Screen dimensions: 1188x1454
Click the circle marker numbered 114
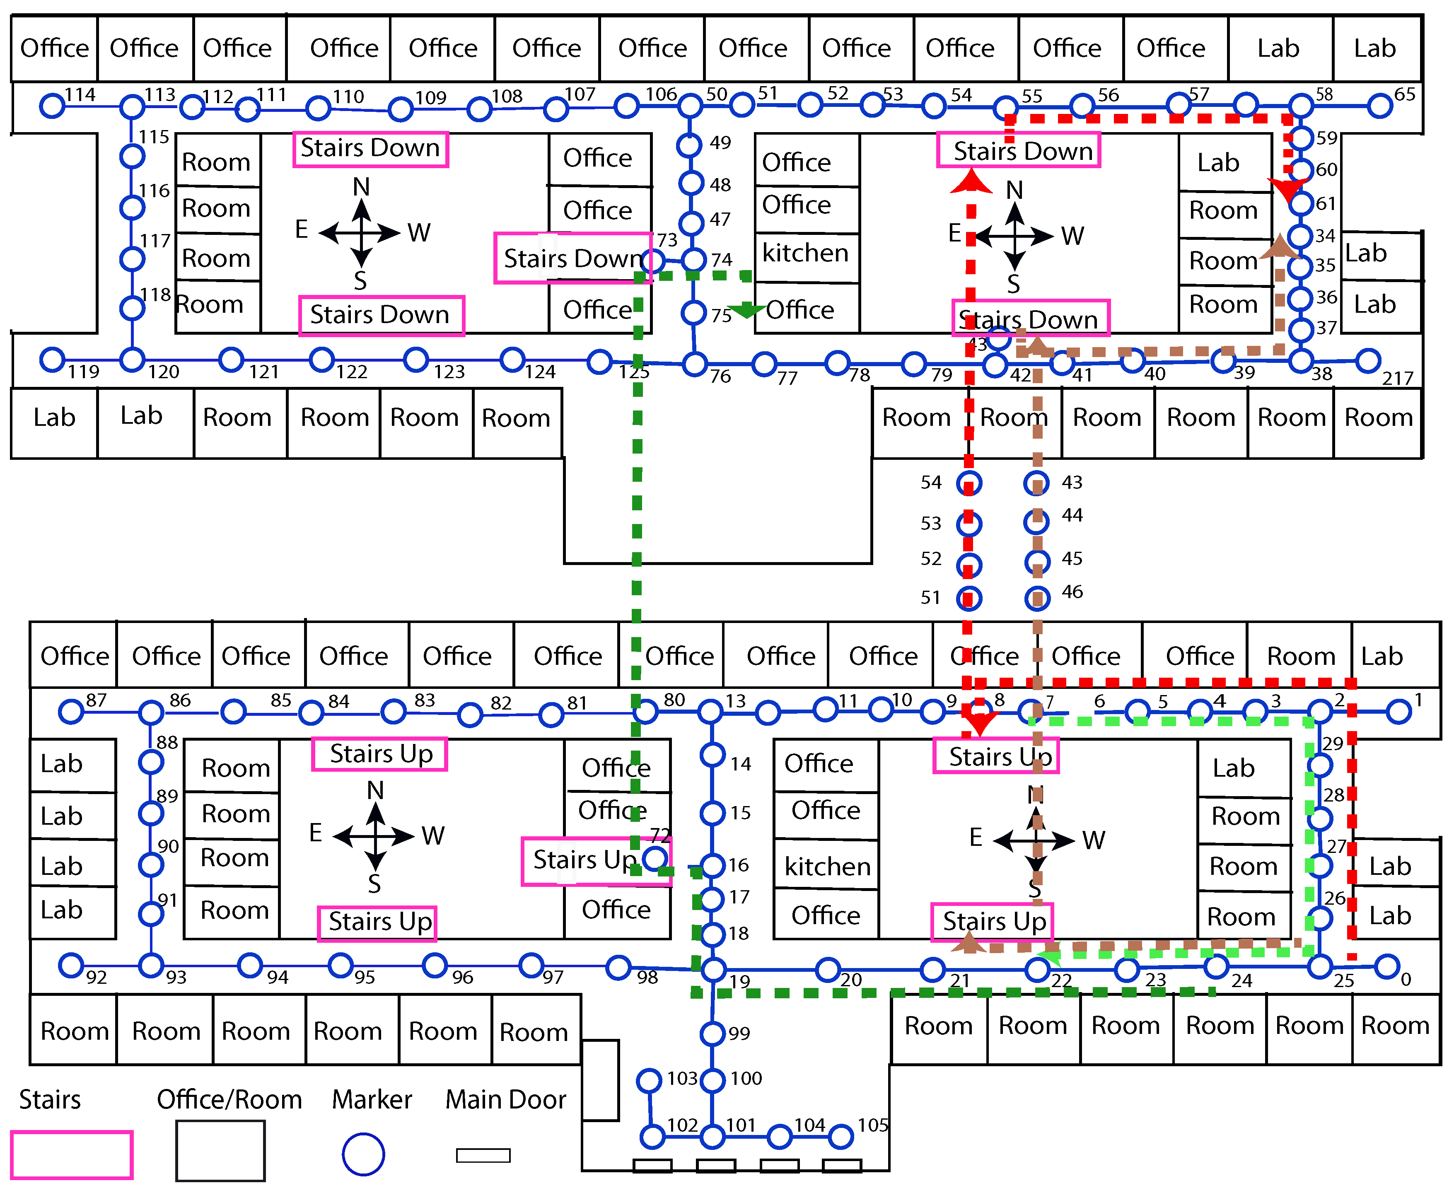coord(52,106)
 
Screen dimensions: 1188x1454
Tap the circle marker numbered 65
coord(1380,106)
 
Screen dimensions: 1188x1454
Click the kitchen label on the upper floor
coord(805,253)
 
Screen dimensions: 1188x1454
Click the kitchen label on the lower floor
coord(827,867)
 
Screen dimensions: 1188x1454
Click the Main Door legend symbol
coord(483,1155)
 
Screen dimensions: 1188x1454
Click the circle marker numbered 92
coord(71,965)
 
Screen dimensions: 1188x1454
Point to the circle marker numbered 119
coord(52,359)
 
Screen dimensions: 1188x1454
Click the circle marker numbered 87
coord(71,712)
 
